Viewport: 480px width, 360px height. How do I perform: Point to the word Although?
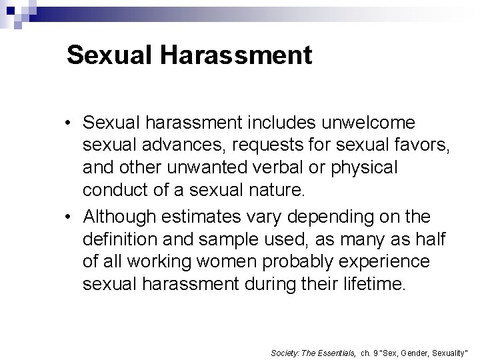coord(118,217)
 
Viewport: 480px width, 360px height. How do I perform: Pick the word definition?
coord(116,239)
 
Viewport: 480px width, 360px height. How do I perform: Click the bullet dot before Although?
coord(70,217)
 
